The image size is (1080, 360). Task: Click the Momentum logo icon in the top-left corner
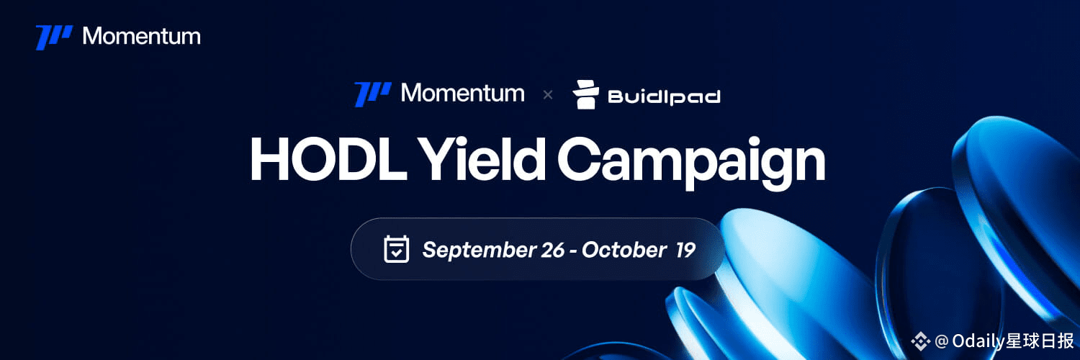coord(54,37)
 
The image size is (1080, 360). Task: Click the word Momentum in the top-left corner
coord(142,36)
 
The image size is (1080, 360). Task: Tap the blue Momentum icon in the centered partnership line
coord(373,94)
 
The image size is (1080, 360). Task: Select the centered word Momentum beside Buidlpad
coord(463,93)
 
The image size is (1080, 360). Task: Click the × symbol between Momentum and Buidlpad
coord(548,95)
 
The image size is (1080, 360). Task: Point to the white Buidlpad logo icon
coord(586,94)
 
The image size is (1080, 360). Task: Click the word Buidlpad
coord(664,97)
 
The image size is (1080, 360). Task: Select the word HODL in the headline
coord(328,158)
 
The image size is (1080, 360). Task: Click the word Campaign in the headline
coord(691,161)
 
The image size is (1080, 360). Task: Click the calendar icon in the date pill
coord(396,249)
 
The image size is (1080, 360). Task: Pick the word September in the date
coord(480,250)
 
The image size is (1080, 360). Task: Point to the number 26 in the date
coord(552,250)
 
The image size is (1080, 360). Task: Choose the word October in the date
coord(624,250)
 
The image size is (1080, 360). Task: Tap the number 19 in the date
coord(685,250)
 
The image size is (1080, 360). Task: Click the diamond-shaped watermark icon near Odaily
coord(920,341)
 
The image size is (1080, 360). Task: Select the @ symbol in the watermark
coord(941,341)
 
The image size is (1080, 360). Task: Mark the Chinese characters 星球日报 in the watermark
coord(1040,341)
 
